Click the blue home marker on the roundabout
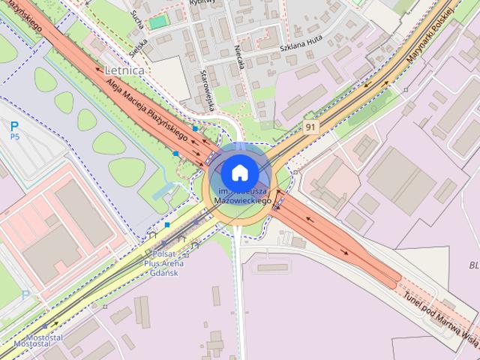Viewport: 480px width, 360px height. tap(238, 173)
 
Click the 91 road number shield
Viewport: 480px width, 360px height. tap(310, 127)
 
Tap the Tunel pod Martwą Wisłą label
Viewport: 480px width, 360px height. tap(439, 316)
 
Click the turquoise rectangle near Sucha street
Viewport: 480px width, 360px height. tap(157, 22)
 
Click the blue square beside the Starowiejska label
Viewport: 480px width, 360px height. tap(195, 128)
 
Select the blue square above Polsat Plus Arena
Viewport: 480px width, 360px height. tap(167, 224)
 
